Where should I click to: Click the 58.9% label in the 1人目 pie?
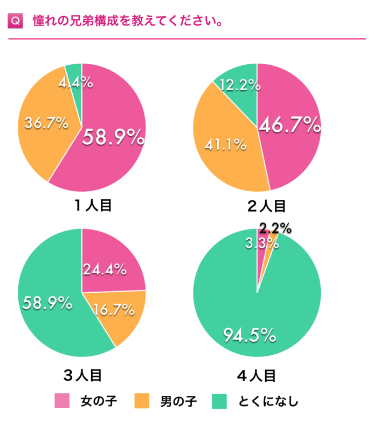(x=113, y=137)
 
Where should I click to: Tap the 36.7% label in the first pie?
(x=47, y=123)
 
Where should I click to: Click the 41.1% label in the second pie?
(x=225, y=144)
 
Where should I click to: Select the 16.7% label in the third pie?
(x=114, y=310)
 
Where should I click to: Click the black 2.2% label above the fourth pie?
(x=275, y=228)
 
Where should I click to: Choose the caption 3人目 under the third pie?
(x=82, y=374)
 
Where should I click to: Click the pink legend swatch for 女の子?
(x=63, y=401)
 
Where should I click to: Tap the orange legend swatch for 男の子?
(x=142, y=401)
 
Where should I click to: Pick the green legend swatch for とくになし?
(x=220, y=401)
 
